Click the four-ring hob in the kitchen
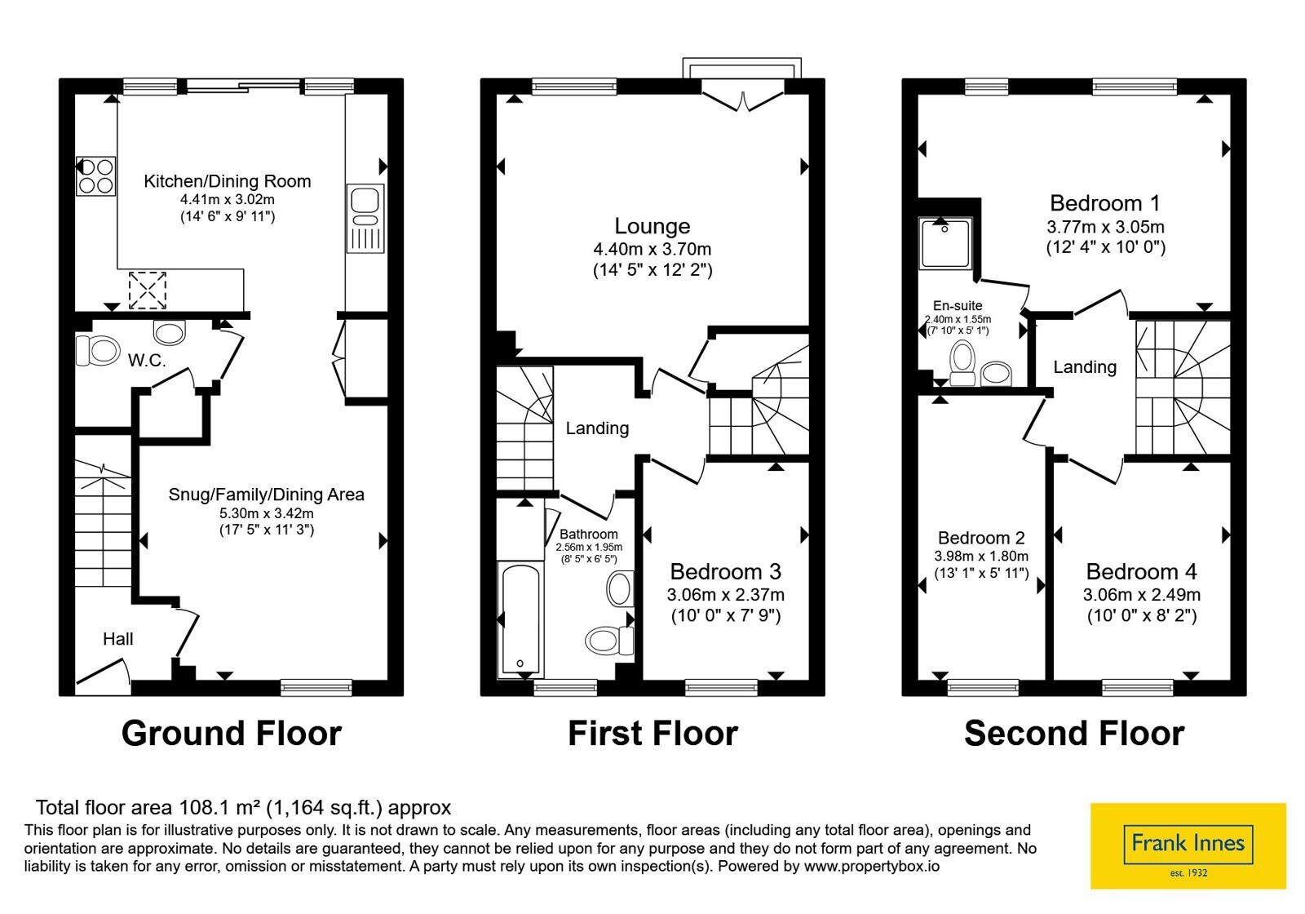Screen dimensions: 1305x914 tap(95, 176)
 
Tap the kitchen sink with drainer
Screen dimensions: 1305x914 tap(365, 219)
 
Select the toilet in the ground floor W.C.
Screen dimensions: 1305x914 tap(98, 350)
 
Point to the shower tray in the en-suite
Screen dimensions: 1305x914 tap(945, 243)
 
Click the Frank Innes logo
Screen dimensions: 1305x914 tap(1188, 846)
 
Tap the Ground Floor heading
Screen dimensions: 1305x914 tap(232, 734)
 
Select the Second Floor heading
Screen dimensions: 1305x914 tap(1074, 734)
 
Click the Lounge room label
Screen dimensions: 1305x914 tap(652, 225)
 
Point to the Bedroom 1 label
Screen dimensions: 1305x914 tap(1105, 203)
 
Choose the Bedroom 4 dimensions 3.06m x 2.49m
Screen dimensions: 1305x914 tap(1142, 595)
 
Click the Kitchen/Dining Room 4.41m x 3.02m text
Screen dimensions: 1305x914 tap(228, 199)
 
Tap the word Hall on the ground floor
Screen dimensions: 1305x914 tap(117, 639)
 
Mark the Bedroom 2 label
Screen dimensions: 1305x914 tap(981, 538)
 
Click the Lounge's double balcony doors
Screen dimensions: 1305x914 tap(743, 97)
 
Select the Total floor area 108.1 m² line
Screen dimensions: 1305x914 tap(244, 807)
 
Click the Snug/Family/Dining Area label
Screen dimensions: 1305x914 tap(266, 495)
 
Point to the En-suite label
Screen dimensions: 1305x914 tap(958, 305)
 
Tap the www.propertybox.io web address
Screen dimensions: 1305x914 tap(872, 866)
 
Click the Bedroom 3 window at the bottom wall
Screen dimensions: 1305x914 tap(721, 688)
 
